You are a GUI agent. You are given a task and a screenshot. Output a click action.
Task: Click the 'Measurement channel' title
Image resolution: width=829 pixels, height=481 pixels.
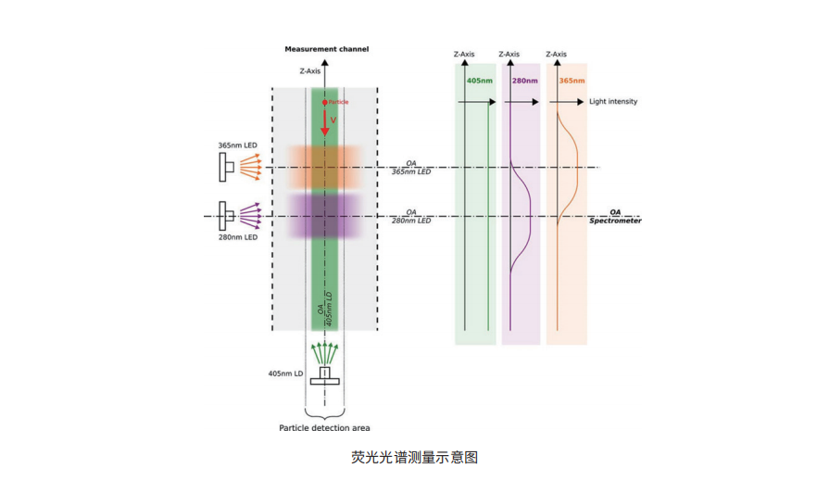(x=325, y=48)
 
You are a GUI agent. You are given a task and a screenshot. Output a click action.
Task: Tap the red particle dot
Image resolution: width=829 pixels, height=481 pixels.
(x=324, y=101)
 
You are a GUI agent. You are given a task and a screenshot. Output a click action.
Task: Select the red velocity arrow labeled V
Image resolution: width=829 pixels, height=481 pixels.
(x=324, y=120)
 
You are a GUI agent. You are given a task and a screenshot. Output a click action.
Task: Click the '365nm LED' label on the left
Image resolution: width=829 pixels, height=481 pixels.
(x=233, y=146)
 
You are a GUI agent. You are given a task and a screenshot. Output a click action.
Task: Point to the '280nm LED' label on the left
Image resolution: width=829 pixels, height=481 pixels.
(x=233, y=238)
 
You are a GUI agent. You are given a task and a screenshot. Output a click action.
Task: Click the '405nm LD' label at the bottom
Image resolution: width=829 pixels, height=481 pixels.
(x=286, y=373)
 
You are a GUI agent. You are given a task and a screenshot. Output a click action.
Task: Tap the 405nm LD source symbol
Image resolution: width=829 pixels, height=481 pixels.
(x=324, y=374)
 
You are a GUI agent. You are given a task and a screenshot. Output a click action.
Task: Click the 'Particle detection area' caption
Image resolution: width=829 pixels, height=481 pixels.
(x=324, y=428)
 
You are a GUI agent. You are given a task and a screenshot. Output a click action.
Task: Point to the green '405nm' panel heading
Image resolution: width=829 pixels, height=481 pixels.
(x=479, y=81)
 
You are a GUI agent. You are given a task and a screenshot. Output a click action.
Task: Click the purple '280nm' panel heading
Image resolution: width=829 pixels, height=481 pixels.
(x=525, y=81)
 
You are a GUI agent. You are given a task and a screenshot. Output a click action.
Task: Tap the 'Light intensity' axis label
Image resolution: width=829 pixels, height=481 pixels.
(x=613, y=101)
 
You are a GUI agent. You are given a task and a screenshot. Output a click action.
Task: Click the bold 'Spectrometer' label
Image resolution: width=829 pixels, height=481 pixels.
(x=615, y=221)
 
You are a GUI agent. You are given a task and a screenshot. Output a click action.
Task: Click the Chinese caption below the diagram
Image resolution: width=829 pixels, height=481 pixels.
(x=414, y=457)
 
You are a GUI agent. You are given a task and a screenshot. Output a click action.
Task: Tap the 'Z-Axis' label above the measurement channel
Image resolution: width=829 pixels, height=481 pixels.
(x=310, y=70)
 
